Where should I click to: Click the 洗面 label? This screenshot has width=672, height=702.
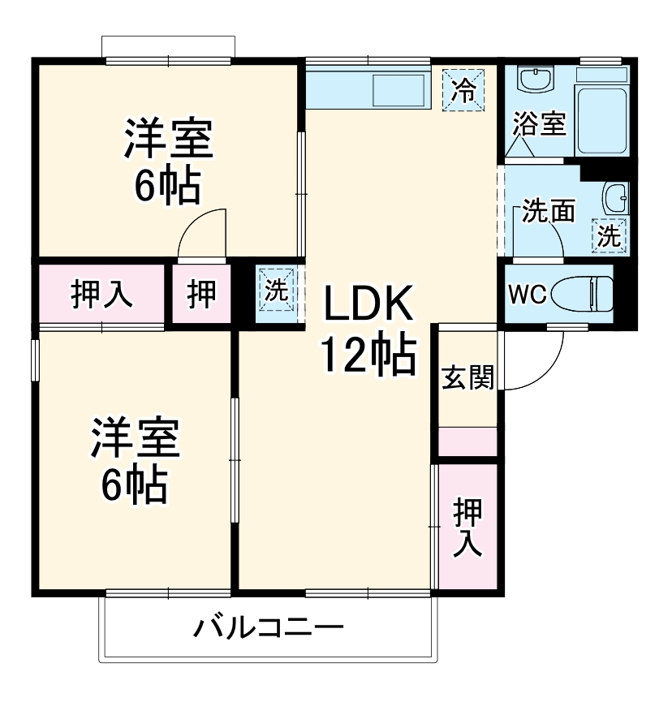tap(548, 210)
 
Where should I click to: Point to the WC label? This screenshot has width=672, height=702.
tap(527, 294)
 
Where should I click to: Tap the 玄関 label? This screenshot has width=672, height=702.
tap(467, 377)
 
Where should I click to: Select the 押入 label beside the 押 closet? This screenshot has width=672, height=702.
tap(101, 293)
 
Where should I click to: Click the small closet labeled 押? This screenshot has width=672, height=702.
tap(202, 293)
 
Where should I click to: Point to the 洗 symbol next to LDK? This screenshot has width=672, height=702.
tap(277, 290)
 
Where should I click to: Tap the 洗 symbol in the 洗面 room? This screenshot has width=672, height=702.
tap(609, 236)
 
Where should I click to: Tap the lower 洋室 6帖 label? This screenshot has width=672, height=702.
tap(134, 460)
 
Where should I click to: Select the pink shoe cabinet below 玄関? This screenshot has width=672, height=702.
tap(467, 441)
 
